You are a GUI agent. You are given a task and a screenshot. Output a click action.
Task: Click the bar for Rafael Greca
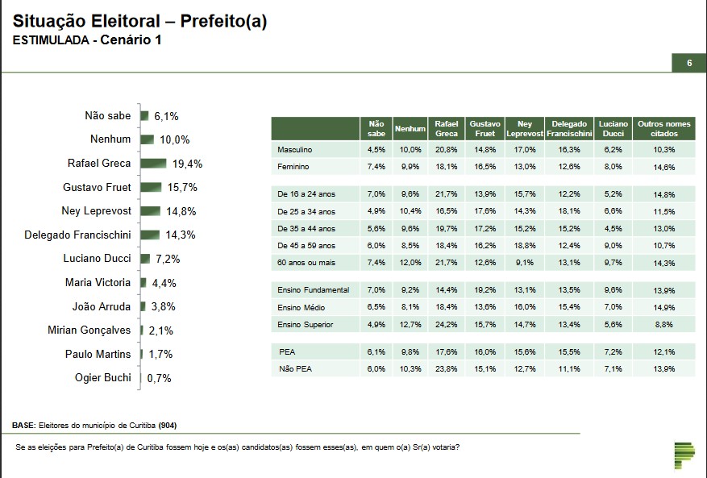pyautogui.click(x=153, y=164)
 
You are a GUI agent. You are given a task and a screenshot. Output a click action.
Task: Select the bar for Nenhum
pyautogui.click(x=147, y=139)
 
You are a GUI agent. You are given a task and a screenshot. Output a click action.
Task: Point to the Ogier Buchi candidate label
pyautogui.click(x=102, y=378)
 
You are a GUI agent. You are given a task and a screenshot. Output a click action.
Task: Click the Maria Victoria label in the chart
pyautogui.click(x=98, y=283)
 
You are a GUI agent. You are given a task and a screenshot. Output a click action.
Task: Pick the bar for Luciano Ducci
pyautogui.click(x=145, y=259)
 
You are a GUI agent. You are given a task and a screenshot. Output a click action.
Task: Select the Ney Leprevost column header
pyautogui.click(x=525, y=129)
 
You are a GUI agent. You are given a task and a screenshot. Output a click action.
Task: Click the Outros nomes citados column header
pyautogui.click(x=664, y=129)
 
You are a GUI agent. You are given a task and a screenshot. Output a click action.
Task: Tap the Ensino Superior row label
pyautogui.click(x=305, y=324)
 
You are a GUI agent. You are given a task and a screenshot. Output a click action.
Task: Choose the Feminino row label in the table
pyautogui.click(x=293, y=167)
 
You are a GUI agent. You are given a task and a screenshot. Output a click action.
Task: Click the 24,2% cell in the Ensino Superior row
pyautogui.click(x=446, y=324)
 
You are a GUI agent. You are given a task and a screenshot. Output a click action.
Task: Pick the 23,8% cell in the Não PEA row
pyautogui.click(x=446, y=368)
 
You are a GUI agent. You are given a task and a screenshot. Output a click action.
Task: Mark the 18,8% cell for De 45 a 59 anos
pyautogui.click(x=525, y=245)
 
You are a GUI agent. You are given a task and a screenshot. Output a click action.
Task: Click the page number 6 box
pyautogui.click(x=689, y=63)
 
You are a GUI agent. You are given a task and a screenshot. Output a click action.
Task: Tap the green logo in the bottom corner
pyautogui.click(x=684, y=455)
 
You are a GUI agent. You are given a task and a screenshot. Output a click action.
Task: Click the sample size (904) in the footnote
pyautogui.click(x=168, y=425)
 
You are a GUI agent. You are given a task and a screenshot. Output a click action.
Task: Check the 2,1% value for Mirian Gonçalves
pyautogui.click(x=160, y=330)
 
